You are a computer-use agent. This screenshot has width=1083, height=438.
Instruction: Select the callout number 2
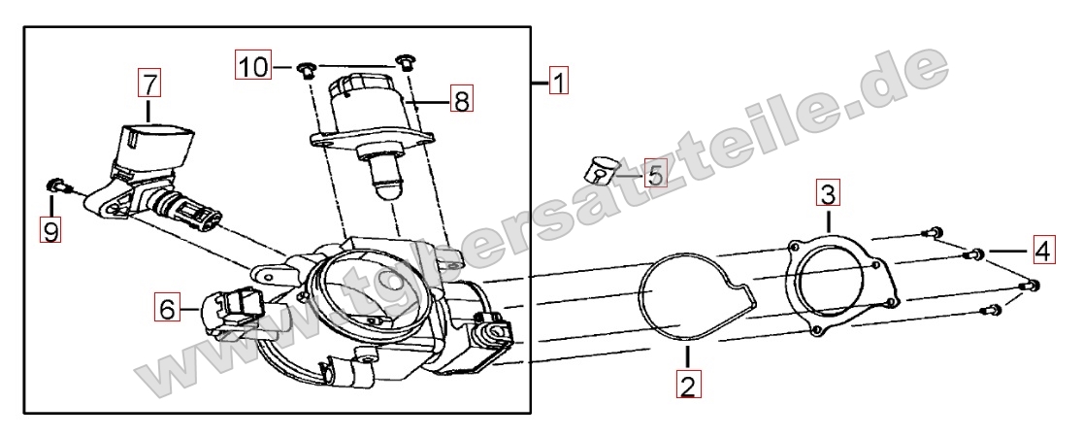[x=686, y=385]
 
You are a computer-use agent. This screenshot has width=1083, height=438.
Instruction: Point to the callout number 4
[x=1044, y=250]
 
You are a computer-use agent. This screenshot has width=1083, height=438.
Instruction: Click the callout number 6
[x=167, y=308]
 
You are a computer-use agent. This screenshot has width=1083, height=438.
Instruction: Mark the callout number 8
[x=461, y=99]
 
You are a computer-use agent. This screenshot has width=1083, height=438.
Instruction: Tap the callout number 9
[x=50, y=228]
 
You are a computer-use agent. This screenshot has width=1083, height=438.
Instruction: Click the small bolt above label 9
[x=56, y=185]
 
